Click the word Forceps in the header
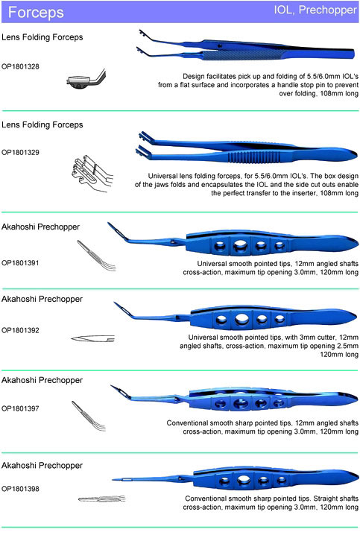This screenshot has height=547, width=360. (x=36, y=12)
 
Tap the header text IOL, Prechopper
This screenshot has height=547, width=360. (x=315, y=10)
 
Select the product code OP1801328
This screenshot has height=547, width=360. (x=20, y=66)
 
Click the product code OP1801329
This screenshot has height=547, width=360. (x=20, y=152)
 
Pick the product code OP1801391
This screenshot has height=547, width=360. (x=20, y=262)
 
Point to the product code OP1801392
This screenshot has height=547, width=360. (x=20, y=330)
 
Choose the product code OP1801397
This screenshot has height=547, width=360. (x=20, y=408)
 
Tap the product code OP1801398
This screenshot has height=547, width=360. (x=20, y=489)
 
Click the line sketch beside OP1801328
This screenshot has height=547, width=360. (x=86, y=79)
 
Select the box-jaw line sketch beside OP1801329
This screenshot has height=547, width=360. (x=92, y=174)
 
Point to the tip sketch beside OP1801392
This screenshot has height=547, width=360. (x=92, y=338)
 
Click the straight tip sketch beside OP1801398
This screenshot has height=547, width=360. (x=101, y=499)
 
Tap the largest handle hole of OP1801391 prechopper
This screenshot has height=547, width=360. (x=240, y=246)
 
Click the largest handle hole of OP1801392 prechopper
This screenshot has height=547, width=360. (x=242, y=319)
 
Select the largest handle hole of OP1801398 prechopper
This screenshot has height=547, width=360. (x=244, y=481)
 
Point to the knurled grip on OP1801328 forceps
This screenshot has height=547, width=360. (x=244, y=54)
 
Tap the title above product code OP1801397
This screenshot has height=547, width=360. (x=42, y=380)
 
